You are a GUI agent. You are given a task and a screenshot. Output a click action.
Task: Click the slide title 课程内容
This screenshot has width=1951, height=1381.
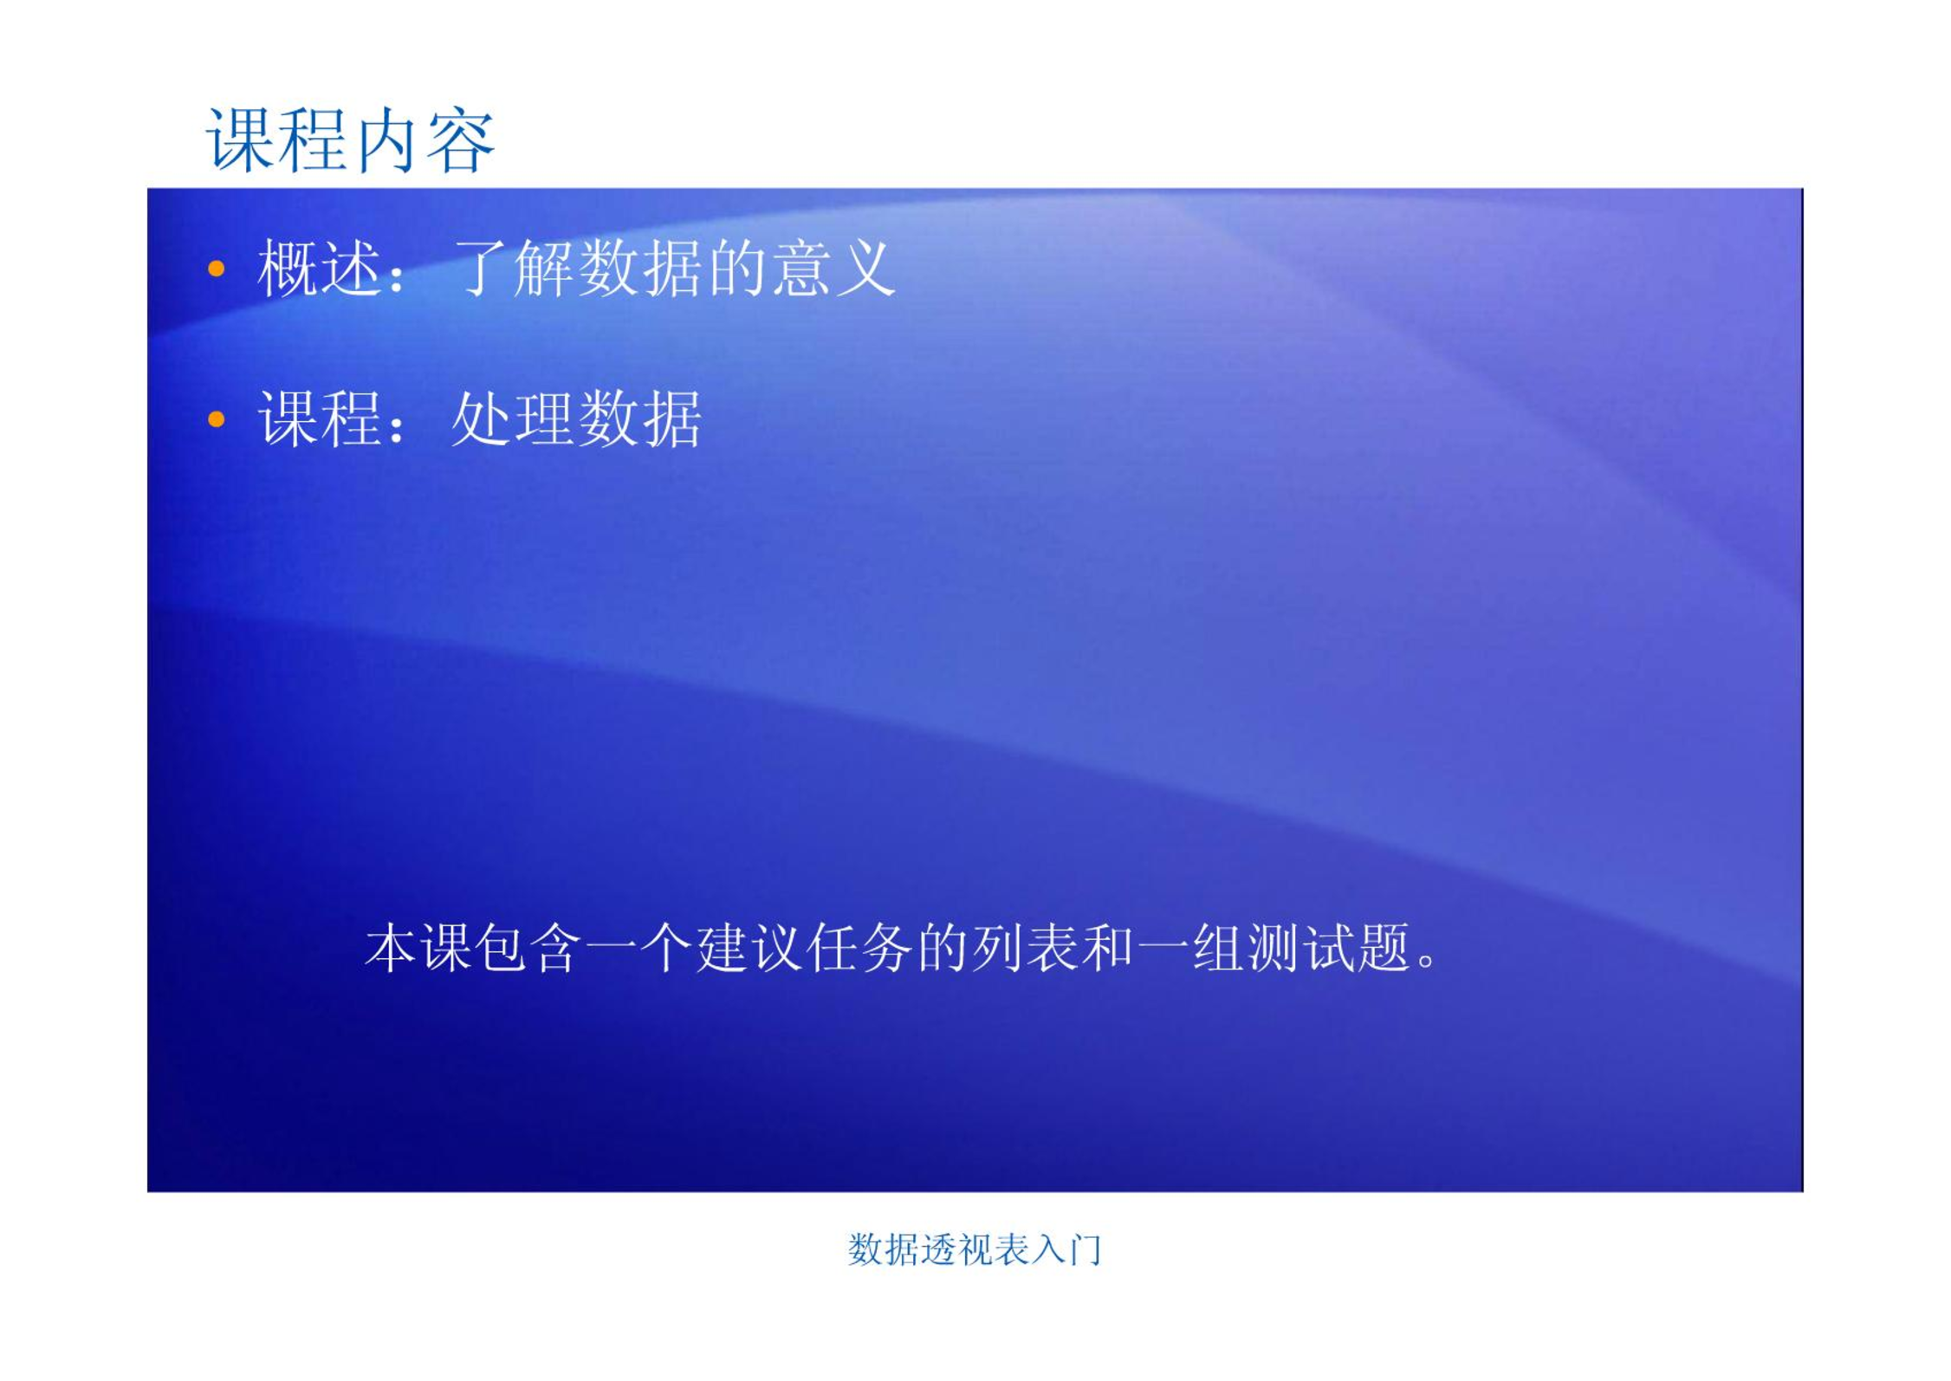tap(350, 140)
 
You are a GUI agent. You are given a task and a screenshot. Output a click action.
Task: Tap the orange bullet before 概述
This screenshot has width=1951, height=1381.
tap(217, 269)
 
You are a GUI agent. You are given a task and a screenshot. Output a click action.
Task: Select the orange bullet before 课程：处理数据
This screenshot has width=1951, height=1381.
tap(217, 420)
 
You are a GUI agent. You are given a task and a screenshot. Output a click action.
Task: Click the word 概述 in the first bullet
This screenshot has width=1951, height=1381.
tap(319, 269)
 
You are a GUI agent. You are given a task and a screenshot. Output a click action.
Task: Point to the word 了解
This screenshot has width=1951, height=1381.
tap(513, 269)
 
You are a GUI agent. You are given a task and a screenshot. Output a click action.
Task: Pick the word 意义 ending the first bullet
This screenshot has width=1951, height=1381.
tap(833, 269)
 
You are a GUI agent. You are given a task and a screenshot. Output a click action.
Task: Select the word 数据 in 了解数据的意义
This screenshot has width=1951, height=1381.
tap(639, 269)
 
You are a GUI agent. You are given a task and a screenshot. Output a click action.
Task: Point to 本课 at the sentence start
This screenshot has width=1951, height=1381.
tap(418, 948)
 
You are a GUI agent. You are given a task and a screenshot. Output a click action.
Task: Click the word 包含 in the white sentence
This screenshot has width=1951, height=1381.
tap(528, 948)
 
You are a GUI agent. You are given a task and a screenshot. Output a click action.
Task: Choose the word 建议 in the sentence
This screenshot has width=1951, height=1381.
tap(749, 948)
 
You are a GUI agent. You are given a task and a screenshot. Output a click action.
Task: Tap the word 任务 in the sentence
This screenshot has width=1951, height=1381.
tap(859, 948)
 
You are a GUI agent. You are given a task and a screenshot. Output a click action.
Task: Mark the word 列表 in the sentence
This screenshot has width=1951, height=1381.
tap(1025, 948)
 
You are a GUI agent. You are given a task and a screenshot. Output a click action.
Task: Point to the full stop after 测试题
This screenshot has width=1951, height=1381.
tap(1427, 963)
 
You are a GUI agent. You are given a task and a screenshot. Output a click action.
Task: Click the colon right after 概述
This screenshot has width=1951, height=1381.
tap(398, 276)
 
